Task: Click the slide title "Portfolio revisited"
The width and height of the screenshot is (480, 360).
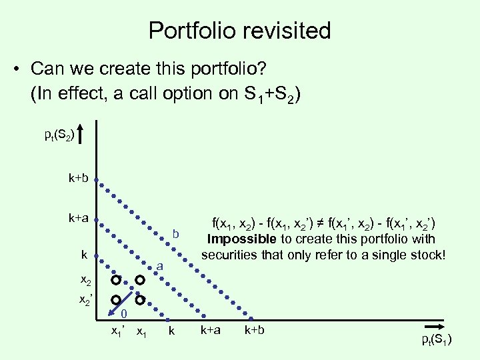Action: coord(239,30)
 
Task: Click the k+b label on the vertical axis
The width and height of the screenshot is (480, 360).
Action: coord(79,179)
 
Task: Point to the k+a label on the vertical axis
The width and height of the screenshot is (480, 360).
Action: coord(79,218)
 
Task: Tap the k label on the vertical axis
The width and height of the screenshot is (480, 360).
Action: coord(84,255)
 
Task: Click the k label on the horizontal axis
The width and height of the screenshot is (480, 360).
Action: coord(171,331)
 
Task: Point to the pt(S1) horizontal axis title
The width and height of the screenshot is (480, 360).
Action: coord(437,341)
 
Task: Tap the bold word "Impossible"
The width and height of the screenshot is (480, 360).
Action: coord(240,239)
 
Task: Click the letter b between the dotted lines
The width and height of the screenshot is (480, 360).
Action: coord(176,234)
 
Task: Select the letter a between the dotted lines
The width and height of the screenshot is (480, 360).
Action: coord(161,266)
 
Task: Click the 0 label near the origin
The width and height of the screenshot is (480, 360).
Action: coord(124,314)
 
